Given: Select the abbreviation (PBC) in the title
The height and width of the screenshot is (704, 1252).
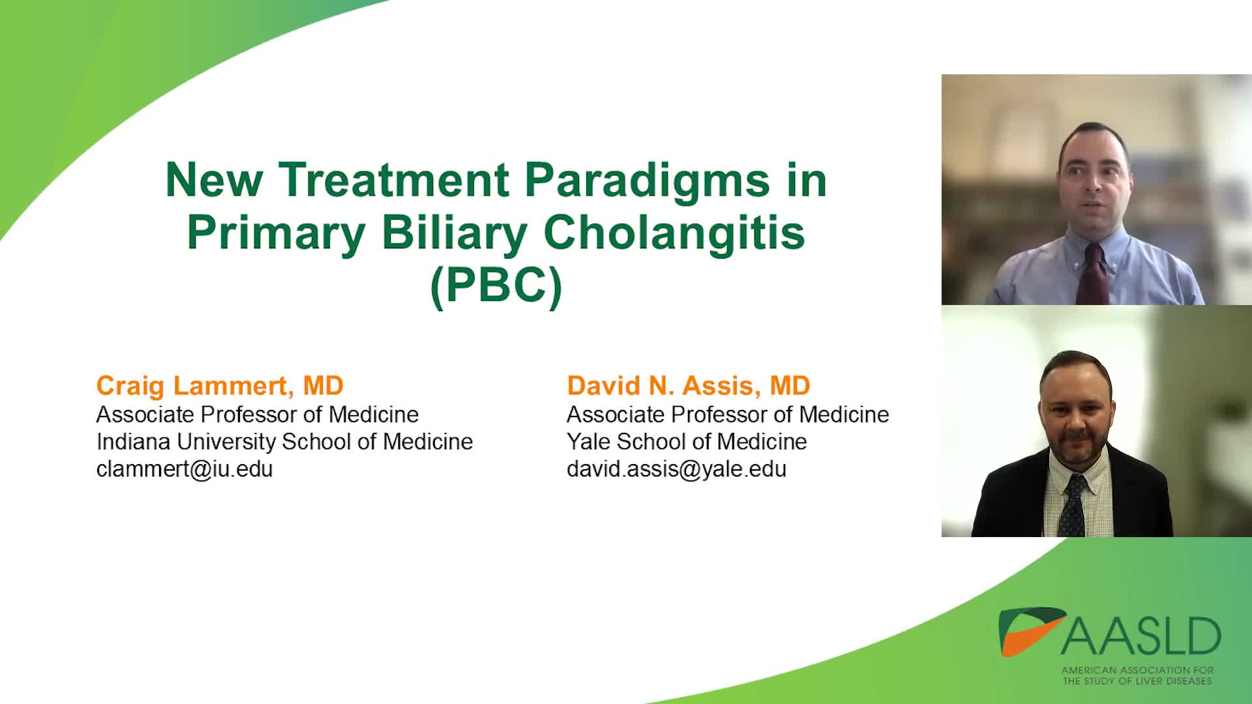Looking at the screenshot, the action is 496,286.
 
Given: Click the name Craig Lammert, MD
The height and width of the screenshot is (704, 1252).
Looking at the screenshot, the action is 220,386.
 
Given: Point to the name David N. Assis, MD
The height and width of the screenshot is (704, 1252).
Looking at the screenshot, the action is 689,386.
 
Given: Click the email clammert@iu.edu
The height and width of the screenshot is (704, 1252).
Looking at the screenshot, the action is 185,469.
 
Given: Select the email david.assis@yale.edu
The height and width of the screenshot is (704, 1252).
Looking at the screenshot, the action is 676,469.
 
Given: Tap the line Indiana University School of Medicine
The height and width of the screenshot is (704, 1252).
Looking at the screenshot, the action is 284,441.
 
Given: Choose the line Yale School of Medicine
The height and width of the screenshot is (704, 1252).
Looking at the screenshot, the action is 687,441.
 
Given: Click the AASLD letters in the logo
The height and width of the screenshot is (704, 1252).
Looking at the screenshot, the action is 1141,637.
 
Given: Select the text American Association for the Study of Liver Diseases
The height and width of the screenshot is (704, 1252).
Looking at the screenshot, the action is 1137,675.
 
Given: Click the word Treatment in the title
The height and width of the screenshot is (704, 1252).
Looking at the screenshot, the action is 395,180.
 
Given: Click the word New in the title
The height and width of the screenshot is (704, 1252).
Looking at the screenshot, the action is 214,180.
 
